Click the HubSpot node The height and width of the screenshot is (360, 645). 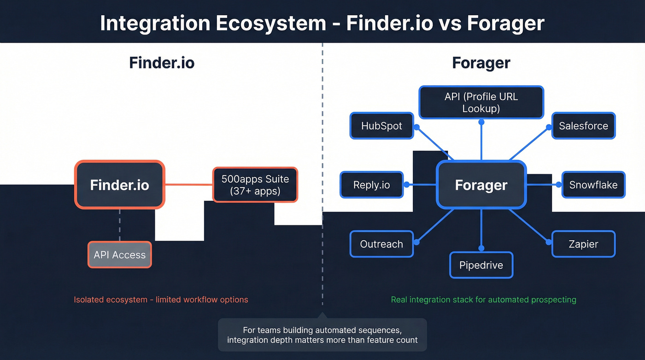click(381, 126)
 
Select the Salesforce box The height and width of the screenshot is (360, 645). click(583, 126)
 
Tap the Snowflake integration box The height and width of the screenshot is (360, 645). click(593, 185)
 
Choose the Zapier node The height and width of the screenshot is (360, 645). click(583, 244)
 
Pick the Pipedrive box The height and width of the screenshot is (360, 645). click(481, 265)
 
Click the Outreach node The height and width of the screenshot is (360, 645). click(381, 244)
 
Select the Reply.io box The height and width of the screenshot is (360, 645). click(371, 185)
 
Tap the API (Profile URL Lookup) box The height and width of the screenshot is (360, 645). click(481, 103)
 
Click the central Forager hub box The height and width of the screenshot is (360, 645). click(481, 185)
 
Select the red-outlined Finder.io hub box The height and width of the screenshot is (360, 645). click(119, 185)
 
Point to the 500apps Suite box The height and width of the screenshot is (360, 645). click(255, 185)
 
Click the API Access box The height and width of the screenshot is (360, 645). click(119, 255)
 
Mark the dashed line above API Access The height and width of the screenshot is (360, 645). click(119, 225)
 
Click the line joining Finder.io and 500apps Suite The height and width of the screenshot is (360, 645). click(188, 185)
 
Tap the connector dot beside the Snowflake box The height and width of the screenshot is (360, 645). click(559, 185)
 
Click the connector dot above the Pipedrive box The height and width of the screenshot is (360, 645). click(481, 247)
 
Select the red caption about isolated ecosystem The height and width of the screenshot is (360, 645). click(161, 300)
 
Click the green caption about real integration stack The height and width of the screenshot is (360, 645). click(483, 300)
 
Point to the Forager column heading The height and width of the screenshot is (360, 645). click(481, 63)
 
